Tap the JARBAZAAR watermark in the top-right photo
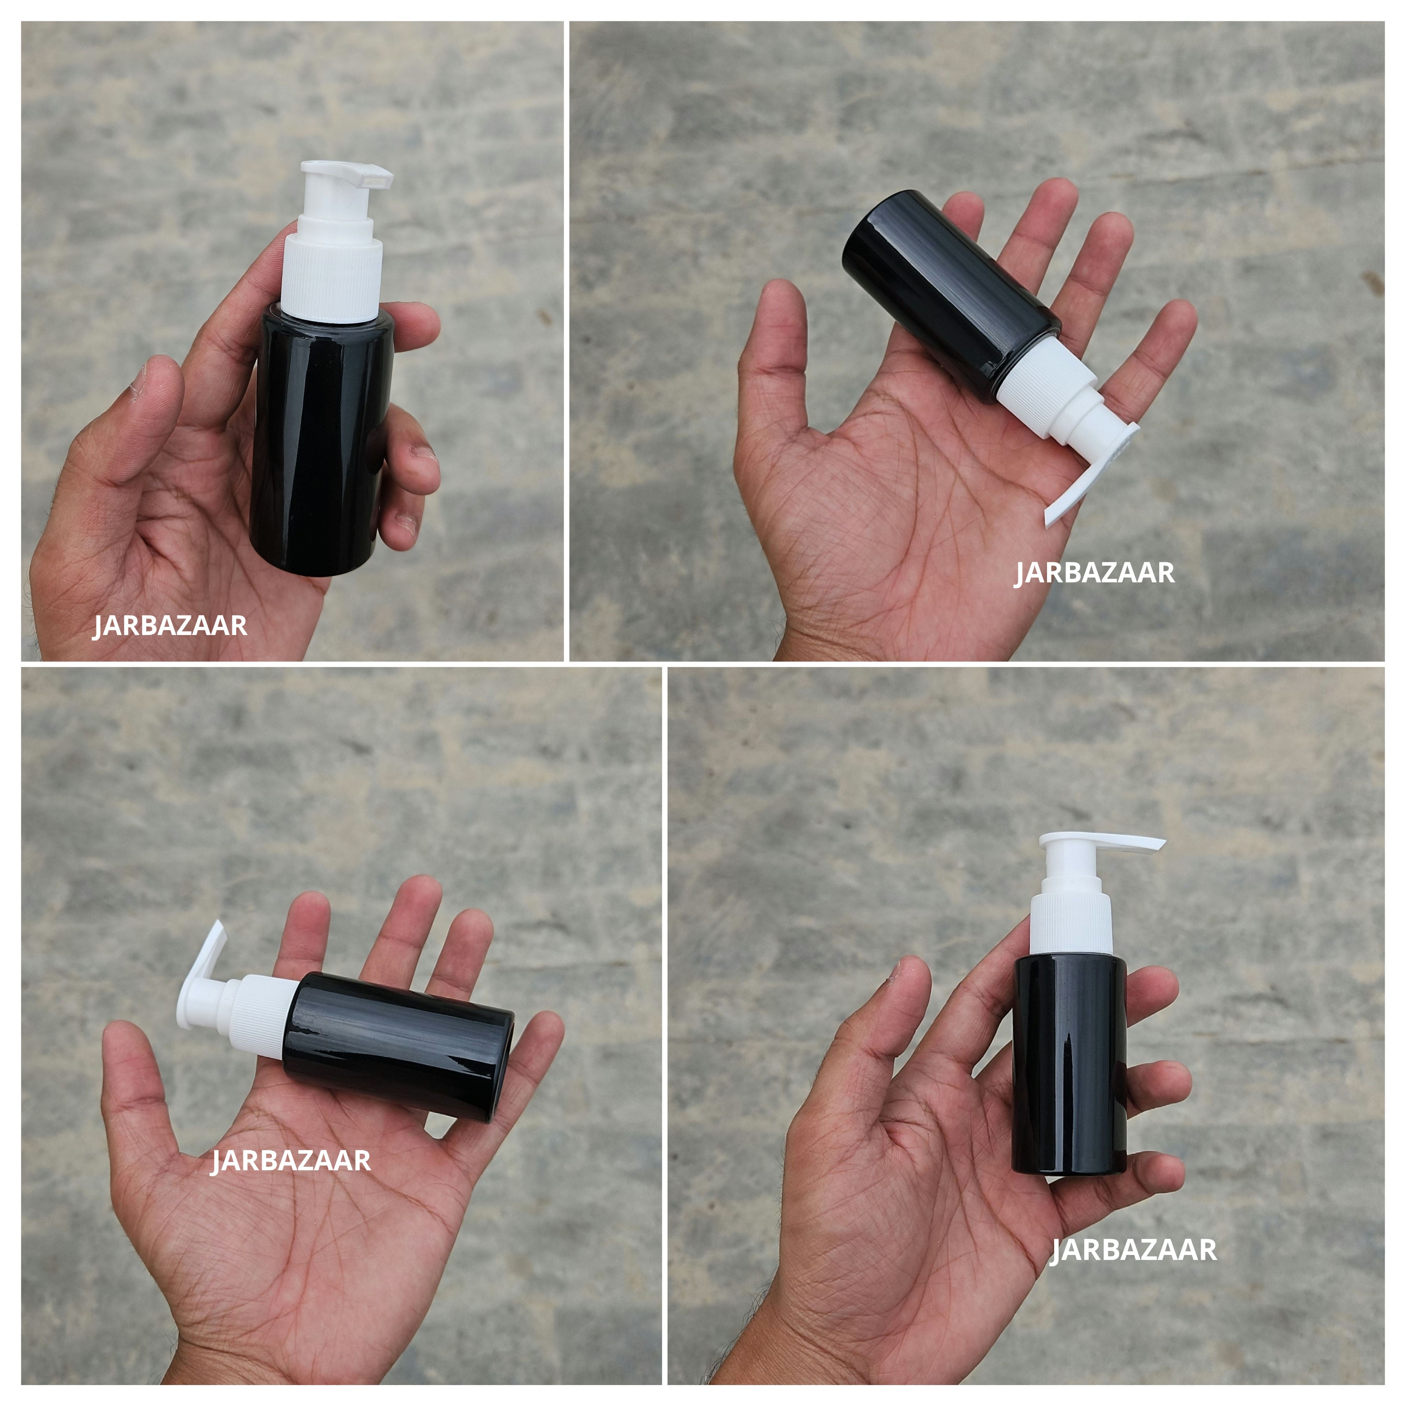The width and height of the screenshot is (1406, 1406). pyautogui.click(x=1095, y=573)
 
